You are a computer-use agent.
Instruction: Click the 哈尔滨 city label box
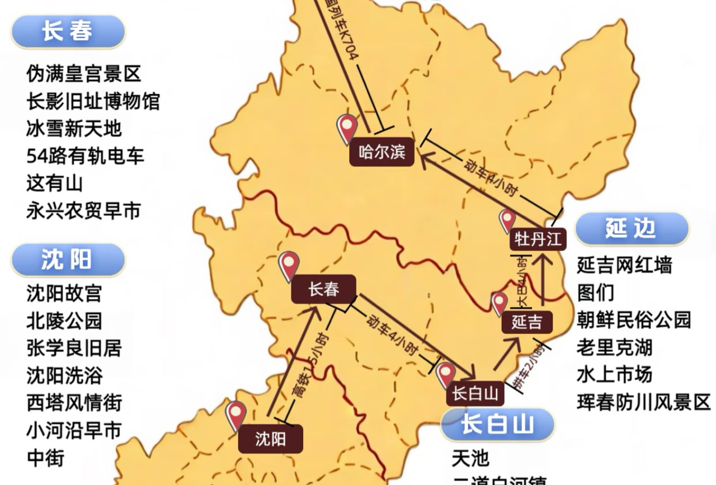click(x=382, y=152)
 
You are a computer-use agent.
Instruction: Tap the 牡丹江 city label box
click(x=538, y=239)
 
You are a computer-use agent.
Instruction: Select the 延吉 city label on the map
click(x=527, y=323)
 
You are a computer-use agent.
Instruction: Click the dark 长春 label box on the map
click(x=323, y=289)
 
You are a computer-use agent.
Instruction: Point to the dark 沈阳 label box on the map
click(x=270, y=439)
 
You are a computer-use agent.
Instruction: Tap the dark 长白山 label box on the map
click(x=475, y=394)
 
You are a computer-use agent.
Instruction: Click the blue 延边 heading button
click(x=630, y=229)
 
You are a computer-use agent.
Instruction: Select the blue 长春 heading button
click(x=68, y=31)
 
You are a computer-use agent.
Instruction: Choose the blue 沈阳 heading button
click(x=67, y=260)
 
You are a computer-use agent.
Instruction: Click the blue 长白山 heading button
click(x=497, y=425)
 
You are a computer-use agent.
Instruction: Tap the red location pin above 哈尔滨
click(x=347, y=128)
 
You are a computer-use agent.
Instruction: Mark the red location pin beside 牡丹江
click(x=507, y=220)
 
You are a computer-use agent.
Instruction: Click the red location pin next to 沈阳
click(x=235, y=415)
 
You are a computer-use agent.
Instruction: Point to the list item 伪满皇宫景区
click(x=83, y=73)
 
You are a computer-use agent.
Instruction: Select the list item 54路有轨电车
click(x=85, y=156)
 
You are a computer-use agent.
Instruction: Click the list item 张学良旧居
click(x=74, y=347)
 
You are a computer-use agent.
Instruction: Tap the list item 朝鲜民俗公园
click(x=634, y=320)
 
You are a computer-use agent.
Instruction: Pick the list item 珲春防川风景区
click(x=643, y=402)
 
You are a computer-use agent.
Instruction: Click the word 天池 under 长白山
click(x=470, y=459)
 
